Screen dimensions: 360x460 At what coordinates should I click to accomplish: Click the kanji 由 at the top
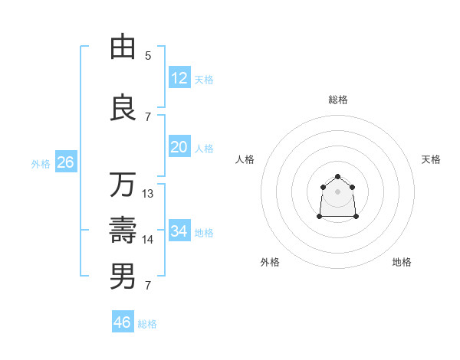(123, 47)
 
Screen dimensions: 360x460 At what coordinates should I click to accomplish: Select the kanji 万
(123, 185)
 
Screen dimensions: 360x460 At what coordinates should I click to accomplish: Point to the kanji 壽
(123, 231)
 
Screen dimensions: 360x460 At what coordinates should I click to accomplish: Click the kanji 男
(123, 277)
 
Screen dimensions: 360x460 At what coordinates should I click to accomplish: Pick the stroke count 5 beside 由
(148, 55)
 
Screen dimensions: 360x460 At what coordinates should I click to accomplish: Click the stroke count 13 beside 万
(148, 194)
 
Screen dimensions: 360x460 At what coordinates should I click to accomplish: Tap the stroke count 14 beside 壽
(148, 240)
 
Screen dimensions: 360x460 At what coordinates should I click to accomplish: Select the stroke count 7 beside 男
(148, 286)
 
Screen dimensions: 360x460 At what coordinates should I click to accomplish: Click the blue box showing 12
(179, 78)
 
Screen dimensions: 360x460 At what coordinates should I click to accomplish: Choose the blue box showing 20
(179, 147)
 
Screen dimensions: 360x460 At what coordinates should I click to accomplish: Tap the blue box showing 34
(179, 231)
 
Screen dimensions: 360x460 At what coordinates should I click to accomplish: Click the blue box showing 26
(65, 162)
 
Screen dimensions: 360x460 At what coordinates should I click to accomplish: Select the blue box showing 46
(123, 322)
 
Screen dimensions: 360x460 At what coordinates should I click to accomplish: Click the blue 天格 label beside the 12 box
(204, 79)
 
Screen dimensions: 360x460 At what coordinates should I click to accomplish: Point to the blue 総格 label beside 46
(147, 323)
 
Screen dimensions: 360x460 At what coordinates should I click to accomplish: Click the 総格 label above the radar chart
(338, 100)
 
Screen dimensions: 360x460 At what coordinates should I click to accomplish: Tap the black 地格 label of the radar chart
(402, 262)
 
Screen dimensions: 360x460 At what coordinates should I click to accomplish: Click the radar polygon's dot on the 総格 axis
(338, 177)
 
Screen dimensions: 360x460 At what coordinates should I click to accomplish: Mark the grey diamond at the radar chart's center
(338, 191)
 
